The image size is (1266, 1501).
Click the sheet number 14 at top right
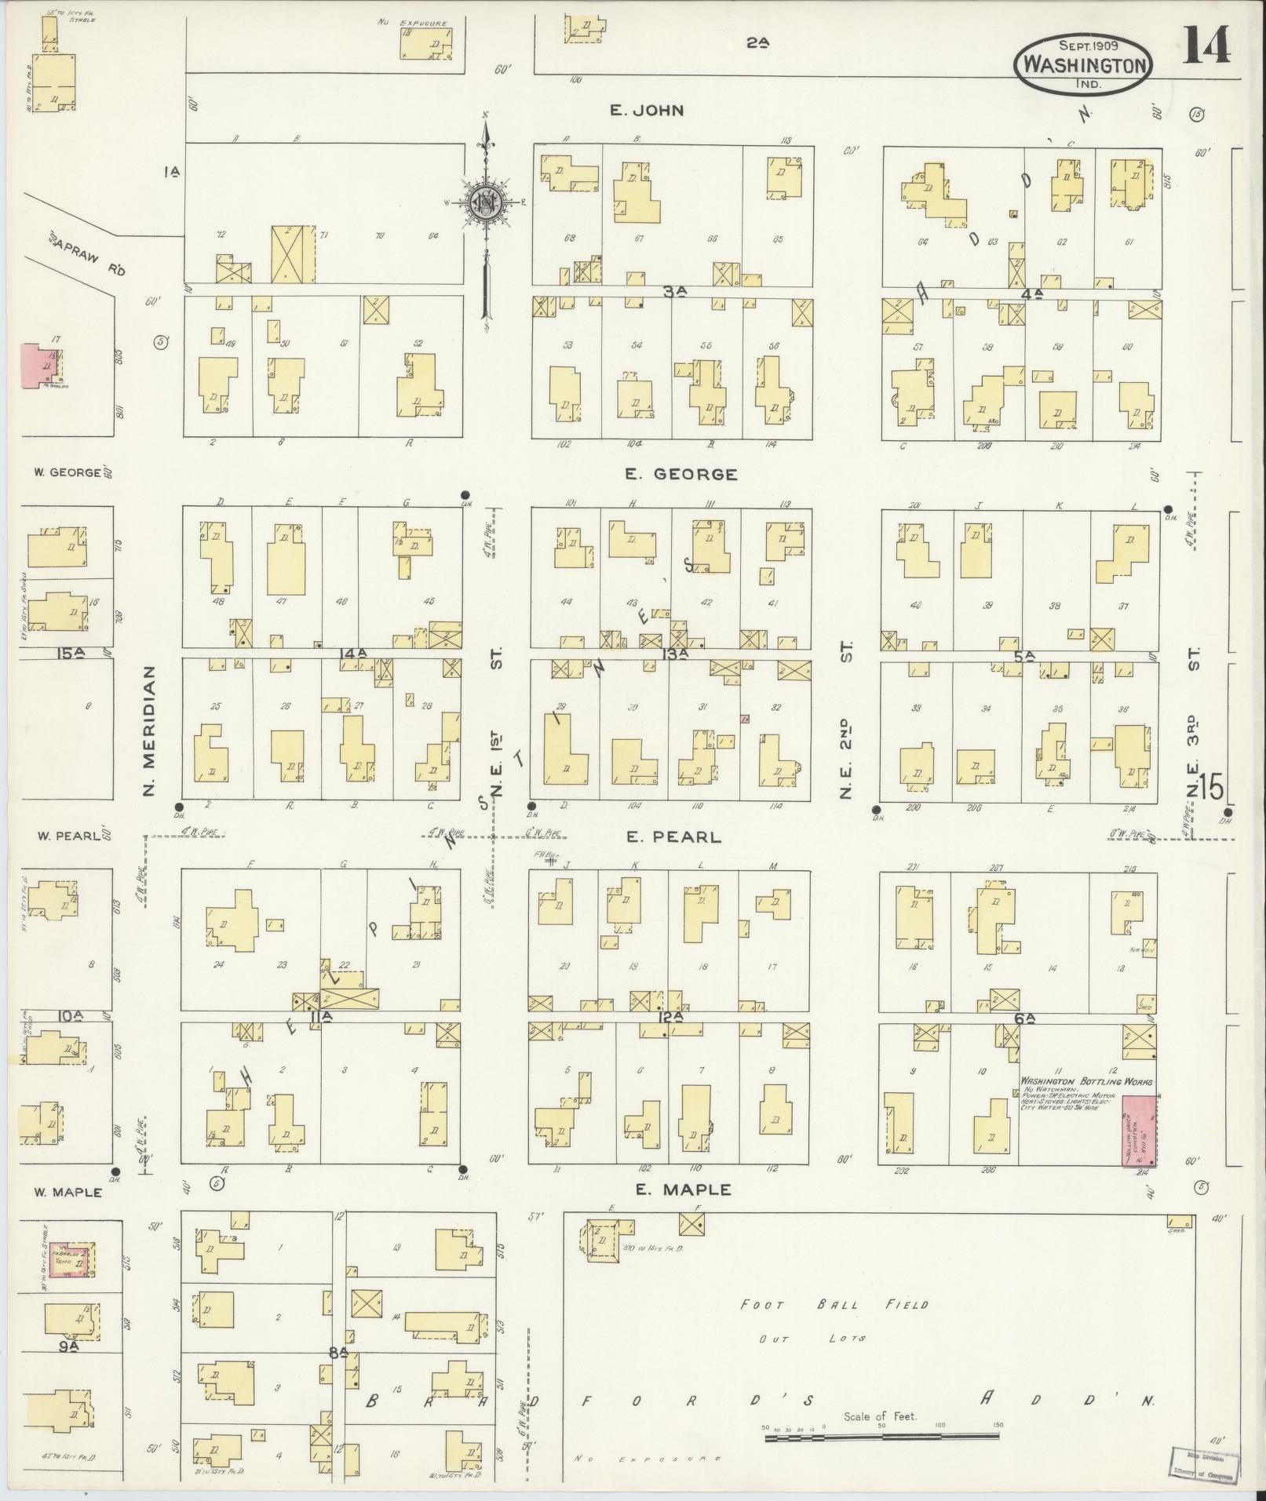pyautogui.click(x=1206, y=46)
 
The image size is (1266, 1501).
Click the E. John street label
pyautogui.click(x=647, y=111)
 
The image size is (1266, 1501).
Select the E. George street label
pyautogui.click(x=680, y=474)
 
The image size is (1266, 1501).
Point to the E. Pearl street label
pyautogui.click(x=673, y=837)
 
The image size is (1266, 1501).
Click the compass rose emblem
pyautogui.click(x=485, y=203)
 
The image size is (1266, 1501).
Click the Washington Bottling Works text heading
pyautogui.click(x=1086, y=1081)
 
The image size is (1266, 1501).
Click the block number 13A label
pyautogui.click(x=674, y=653)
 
